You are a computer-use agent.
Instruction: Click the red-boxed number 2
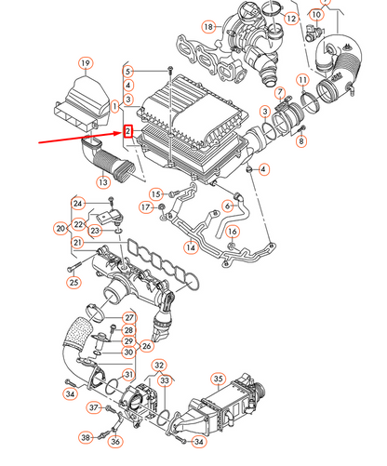(128, 131)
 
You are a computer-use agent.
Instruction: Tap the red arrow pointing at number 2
(81, 138)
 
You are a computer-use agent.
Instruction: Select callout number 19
(86, 63)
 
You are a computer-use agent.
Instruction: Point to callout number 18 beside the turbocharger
(208, 27)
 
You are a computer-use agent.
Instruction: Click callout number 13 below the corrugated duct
(103, 182)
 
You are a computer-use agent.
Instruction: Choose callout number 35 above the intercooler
(218, 379)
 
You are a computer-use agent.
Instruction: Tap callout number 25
(73, 282)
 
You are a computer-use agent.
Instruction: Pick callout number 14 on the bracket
(191, 247)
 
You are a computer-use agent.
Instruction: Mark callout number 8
(301, 141)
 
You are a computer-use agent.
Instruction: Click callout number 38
(86, 437)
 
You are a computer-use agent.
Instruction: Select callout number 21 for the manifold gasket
(77, 243)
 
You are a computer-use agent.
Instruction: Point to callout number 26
(146, 346)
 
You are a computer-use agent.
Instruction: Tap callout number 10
(316, 14)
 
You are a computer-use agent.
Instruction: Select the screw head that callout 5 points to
(169, 69)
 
